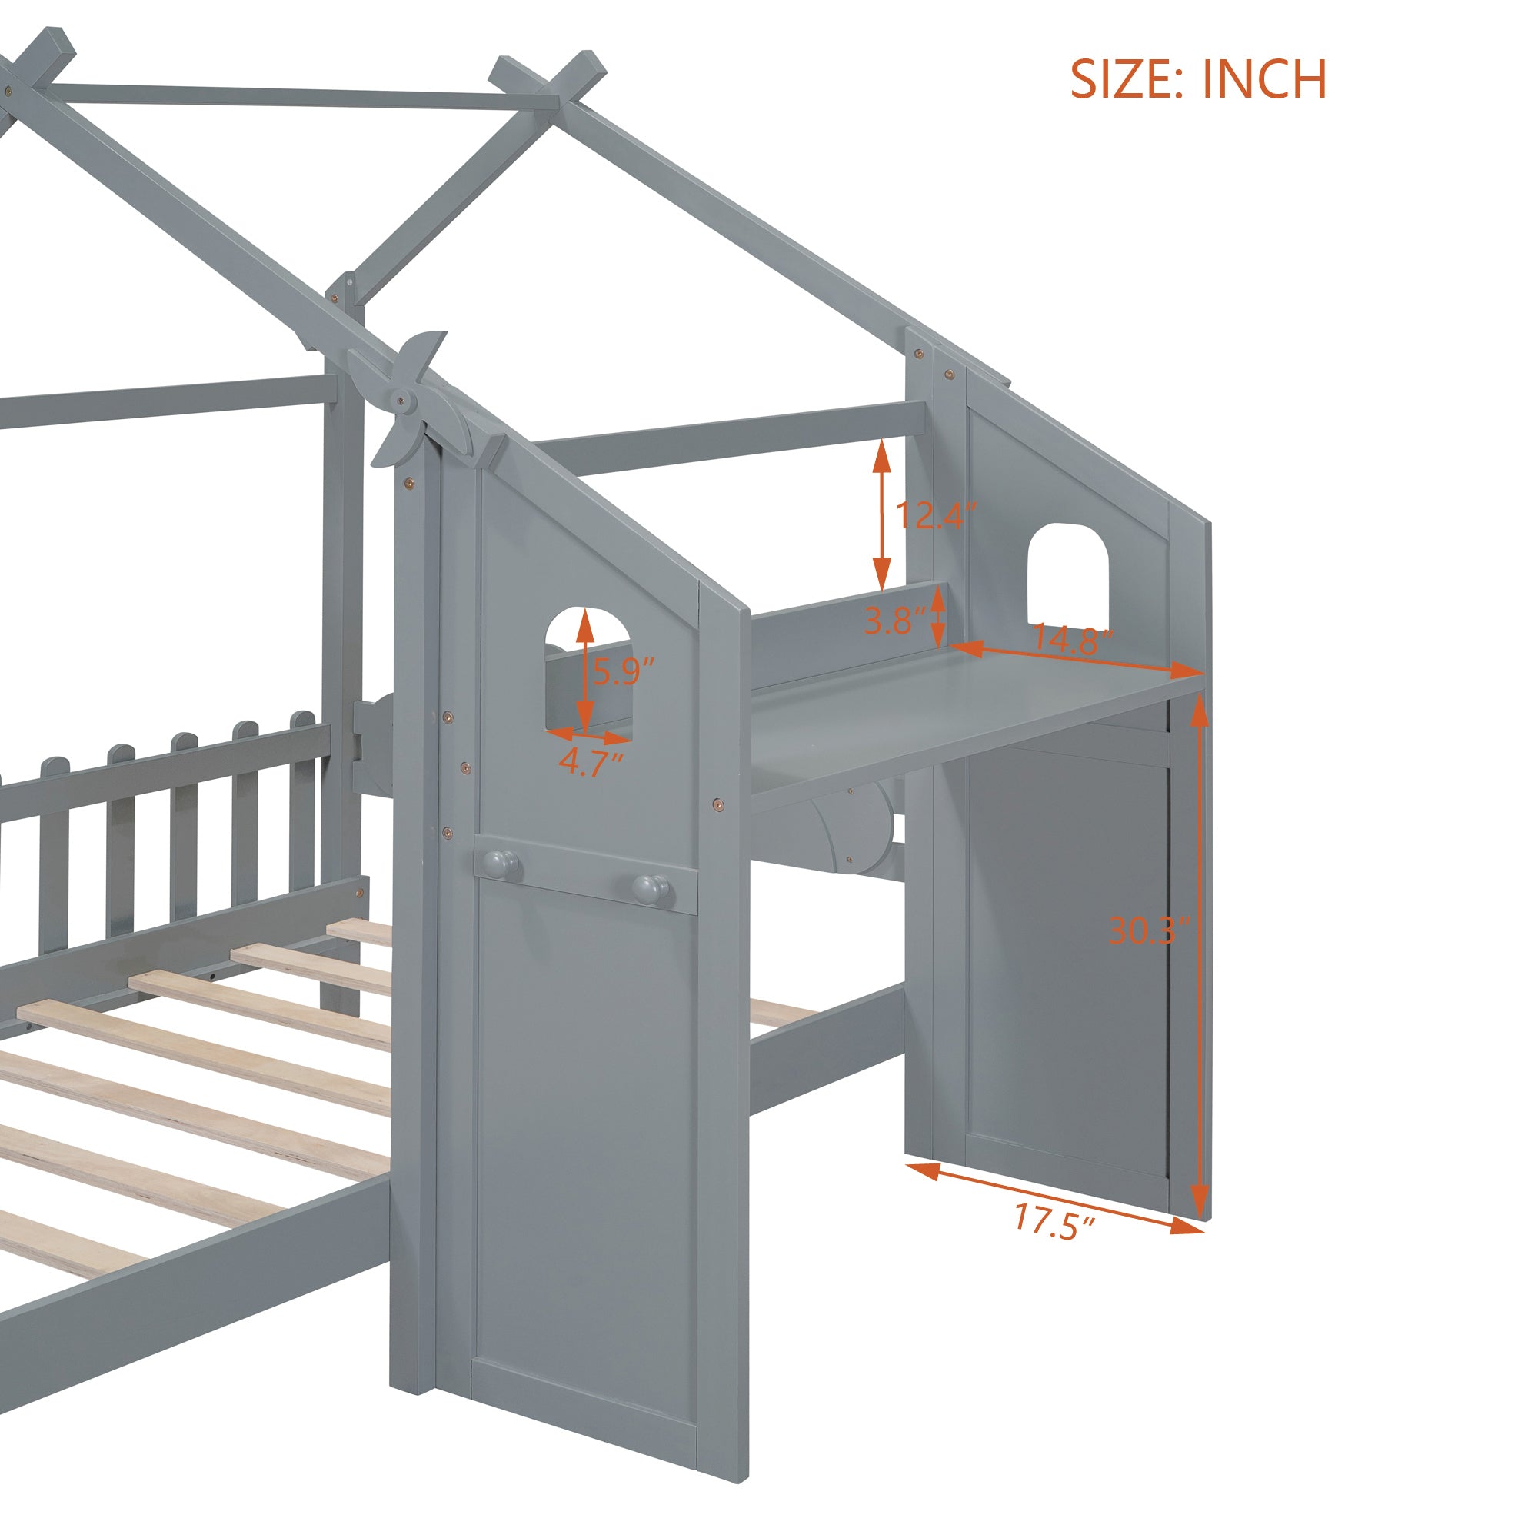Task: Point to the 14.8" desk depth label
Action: [1072, 639]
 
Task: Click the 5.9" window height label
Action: [624, 672]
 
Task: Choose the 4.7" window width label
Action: [590, 761]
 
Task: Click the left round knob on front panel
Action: [500, 861]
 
